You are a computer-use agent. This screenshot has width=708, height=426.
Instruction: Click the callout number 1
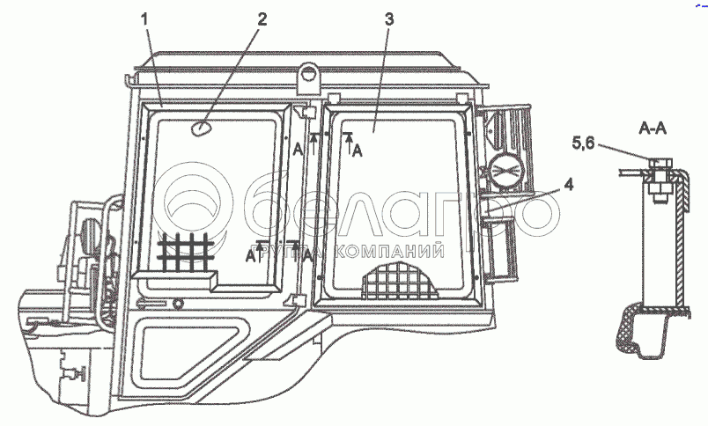[144, 20]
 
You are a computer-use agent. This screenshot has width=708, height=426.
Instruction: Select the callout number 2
[262, 19]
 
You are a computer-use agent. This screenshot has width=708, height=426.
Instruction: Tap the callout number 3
[388, 19]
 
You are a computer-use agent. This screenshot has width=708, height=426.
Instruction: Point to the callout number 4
[569, 185]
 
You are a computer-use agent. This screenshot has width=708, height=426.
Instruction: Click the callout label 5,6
[583, 143]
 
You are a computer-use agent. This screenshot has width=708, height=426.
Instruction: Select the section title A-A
[653, 129]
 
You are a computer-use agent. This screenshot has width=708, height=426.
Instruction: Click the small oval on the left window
[200, 129]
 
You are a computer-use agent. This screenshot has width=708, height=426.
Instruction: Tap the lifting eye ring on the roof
[309, 74]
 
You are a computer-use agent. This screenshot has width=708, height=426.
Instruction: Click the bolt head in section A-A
[660, 163]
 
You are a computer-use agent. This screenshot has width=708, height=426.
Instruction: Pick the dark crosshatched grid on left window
[185, 253]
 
